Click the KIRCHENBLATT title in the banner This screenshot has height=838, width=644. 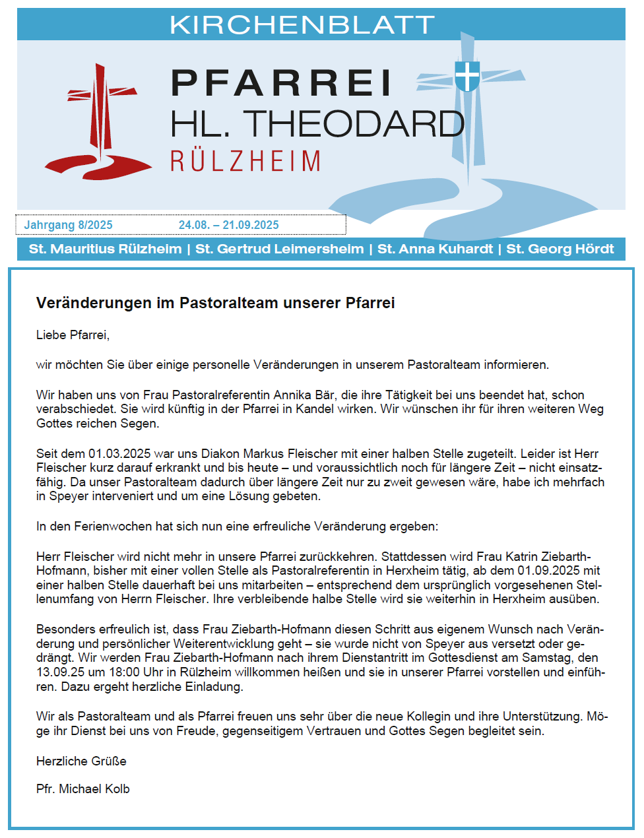point(302,25)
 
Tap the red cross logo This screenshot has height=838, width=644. point(99,125)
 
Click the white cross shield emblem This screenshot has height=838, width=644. point(467,76)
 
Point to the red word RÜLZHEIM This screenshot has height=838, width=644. point(245,162)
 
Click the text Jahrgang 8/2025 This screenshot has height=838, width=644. point(69,225)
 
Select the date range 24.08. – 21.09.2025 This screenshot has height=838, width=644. point(228,225)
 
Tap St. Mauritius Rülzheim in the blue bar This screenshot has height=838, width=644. point(106,249)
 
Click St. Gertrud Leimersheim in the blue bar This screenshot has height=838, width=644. point(280,249)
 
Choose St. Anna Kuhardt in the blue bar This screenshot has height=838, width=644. point(435,249)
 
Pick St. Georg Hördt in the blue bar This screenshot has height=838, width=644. point(560,249)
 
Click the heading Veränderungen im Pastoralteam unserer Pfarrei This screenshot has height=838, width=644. point(215,303)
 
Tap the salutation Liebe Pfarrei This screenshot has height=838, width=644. point(73,335)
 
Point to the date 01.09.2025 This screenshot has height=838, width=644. point(548,571)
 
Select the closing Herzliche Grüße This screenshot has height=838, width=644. point(81,761)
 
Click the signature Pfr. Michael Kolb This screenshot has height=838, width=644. point(83,789)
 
